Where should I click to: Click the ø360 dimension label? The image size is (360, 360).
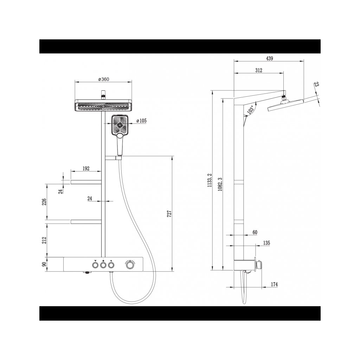(104, 79)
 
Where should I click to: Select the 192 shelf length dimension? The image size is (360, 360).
(86, 168)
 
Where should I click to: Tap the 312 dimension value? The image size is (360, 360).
(258, 70)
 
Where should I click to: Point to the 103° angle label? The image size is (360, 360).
(250, 110)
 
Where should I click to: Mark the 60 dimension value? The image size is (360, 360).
(255, 232)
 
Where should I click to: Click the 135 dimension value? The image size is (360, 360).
(266, 243)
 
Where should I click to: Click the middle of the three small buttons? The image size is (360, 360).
(103, 265)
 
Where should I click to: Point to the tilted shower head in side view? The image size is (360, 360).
(285, 105)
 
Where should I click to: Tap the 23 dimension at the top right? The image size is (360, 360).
(316, 84)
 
